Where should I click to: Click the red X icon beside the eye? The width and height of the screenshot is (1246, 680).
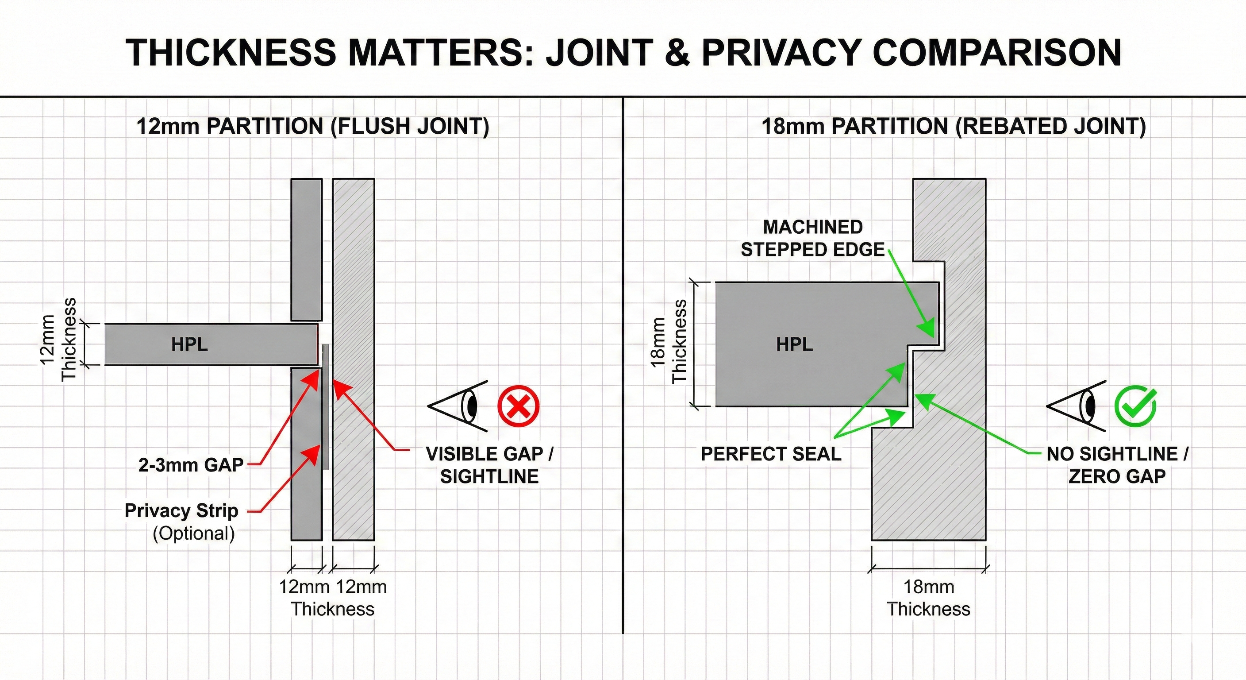(x=519, y=406)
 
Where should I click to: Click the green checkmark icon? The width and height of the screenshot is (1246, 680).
(x=1135, y=406)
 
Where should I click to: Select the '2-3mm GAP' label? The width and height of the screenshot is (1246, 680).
(x=191, y=465)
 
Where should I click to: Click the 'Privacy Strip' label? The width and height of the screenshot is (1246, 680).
(x=181, y=510)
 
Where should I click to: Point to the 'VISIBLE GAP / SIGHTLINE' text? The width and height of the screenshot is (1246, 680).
(x=489, y=465)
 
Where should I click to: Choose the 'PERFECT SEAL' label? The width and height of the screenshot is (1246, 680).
(x=771, y=454)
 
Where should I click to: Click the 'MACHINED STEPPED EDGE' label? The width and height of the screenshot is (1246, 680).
(x=813, y=238)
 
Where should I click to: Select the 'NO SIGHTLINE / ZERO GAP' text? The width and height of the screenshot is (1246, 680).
(x=1117, y=465)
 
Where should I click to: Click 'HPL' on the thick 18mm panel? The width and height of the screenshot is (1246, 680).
(x=794, y=344)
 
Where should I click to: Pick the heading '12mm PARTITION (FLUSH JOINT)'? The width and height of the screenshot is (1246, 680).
(x=313, y=126)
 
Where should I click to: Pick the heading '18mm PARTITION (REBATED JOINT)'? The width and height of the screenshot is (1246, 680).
(x=954, y=126)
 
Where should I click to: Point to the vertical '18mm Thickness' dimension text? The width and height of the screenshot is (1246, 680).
(x=669, y=342)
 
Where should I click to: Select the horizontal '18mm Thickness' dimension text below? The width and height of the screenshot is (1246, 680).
(x=928, y=598)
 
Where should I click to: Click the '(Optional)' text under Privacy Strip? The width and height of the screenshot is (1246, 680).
(x=193, y=533)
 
